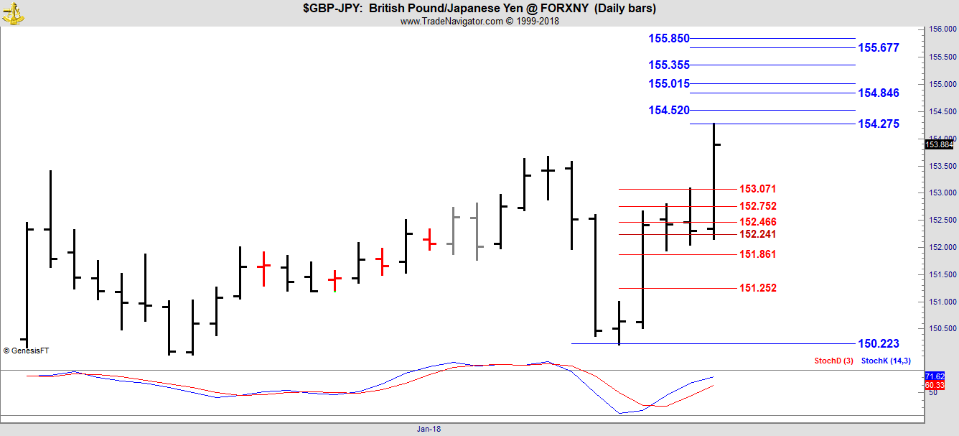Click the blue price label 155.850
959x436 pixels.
pyautogui.click(x=668, y=39)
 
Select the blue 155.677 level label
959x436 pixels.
pyautogui.click(x=878, y=48)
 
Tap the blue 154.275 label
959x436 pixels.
pyautogui.click(x=878, y=124)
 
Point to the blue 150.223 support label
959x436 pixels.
pyautogui.click(x=878, y=344)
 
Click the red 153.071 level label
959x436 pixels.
pyautogui.click(x=757, y=190)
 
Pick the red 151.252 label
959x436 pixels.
pyautogui.click(x=757, y=289)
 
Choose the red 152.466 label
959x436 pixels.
pyautogui.click(x=757, y=223)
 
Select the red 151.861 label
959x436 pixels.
pyautogui.click(x=757, y=255)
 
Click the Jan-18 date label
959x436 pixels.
pyautogui.click(x=429, y=429)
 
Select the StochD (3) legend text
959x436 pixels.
pyautogui.click(x=833, y=361)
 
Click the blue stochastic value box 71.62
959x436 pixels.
pyautogui.click(x=940, y=376)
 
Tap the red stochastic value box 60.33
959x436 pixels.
pyautogui.click(x=940, y=385)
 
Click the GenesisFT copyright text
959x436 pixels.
pyautogui.click(x=26, y=351)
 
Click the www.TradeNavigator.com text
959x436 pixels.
pyautogui.click(x=452, y=22)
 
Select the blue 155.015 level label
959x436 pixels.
pyautogui.click(x=668, y=84)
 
